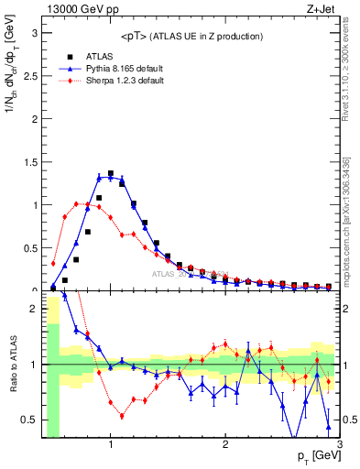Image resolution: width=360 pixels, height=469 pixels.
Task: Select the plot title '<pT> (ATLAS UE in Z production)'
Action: pyautogui.click(x=191, y=36)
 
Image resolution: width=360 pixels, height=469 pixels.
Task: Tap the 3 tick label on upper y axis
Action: pyautogui.click(x=34, y=33)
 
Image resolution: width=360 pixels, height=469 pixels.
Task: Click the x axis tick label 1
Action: pyautogui.click(x=111, y=446)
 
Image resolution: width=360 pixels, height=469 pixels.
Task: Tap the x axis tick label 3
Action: pyautogui.click(x=339, y=446)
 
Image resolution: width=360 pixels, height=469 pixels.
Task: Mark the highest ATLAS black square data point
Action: pyautogui.click(x=111, y=173)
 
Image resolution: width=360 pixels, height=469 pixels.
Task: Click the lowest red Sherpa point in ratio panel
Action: pyautogui.click(x=122, y=416)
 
